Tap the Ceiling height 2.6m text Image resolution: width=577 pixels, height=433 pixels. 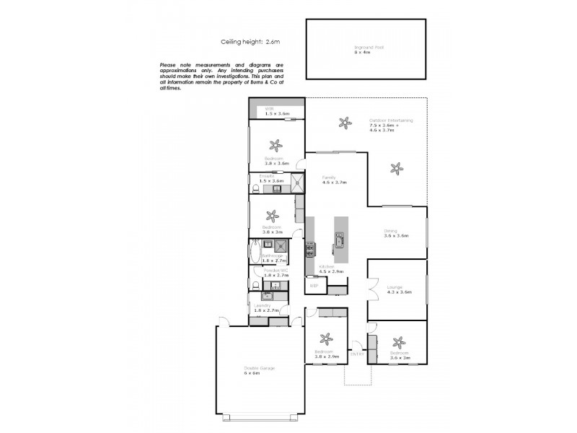tap(245, 42)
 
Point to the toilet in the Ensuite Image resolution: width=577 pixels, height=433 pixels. tap(255, 190)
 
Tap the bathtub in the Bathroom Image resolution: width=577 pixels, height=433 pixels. tap(255, 253)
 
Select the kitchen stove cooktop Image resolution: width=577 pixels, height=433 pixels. tap(310, 250)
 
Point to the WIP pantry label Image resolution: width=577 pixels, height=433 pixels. tap(314, 287)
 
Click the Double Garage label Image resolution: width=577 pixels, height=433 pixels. tap(259, 368)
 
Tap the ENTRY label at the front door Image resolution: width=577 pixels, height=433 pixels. tap(356, 354)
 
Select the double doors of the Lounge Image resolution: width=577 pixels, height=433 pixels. tap(372, 291)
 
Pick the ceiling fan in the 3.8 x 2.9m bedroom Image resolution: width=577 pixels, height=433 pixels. tap(326, 338)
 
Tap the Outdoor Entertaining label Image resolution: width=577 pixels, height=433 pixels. tap(391, 121)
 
